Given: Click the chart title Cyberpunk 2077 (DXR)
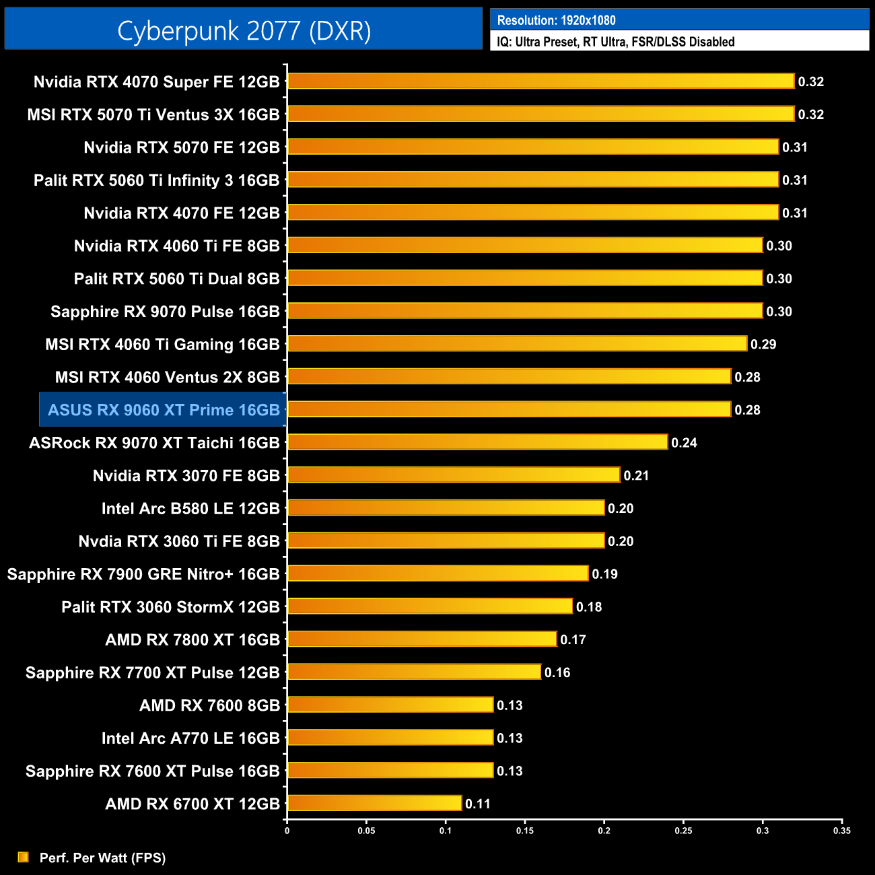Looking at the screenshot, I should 244,30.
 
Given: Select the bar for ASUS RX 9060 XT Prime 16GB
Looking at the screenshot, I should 509,409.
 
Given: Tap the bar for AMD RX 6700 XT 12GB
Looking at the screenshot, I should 374,803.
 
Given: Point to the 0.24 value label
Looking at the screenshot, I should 684,443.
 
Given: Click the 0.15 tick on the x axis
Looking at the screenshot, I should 525,831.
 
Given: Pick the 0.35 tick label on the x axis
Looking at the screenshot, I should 841,831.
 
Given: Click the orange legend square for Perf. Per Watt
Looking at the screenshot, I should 24,857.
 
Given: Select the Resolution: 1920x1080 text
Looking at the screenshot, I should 556,20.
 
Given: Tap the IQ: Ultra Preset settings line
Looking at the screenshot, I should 615,42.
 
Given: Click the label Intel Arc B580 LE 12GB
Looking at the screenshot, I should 190,509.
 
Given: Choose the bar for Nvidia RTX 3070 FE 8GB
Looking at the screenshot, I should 454,475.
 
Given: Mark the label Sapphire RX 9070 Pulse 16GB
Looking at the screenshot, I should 165,312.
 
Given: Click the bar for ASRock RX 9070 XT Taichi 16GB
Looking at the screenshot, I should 477,442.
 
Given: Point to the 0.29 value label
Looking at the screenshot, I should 763,345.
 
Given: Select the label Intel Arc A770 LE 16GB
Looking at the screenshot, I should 190,738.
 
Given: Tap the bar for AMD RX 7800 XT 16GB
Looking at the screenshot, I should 422,639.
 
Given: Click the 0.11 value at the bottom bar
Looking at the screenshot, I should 478,804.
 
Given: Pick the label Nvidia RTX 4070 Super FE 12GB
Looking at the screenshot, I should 156,82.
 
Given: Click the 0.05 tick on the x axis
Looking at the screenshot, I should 366,831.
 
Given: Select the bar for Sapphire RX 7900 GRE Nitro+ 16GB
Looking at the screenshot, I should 438,573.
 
